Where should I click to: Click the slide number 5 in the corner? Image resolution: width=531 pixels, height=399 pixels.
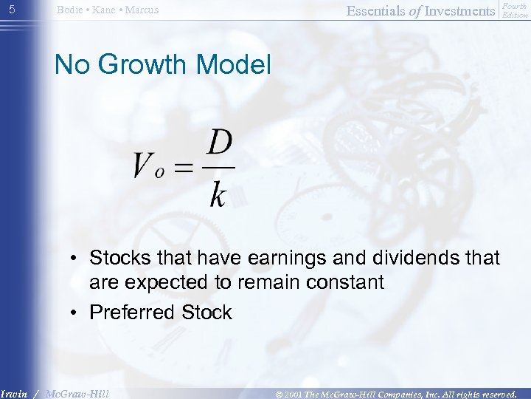point(11,10)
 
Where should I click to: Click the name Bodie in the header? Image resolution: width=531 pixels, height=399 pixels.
point(70,10)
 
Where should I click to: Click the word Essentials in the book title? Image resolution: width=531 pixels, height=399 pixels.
point(378,10)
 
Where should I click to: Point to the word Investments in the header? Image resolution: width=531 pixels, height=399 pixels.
point(459,10)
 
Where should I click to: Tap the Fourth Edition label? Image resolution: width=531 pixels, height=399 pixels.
point(514,10)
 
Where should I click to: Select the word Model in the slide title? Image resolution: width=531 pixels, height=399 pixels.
point(234,65)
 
